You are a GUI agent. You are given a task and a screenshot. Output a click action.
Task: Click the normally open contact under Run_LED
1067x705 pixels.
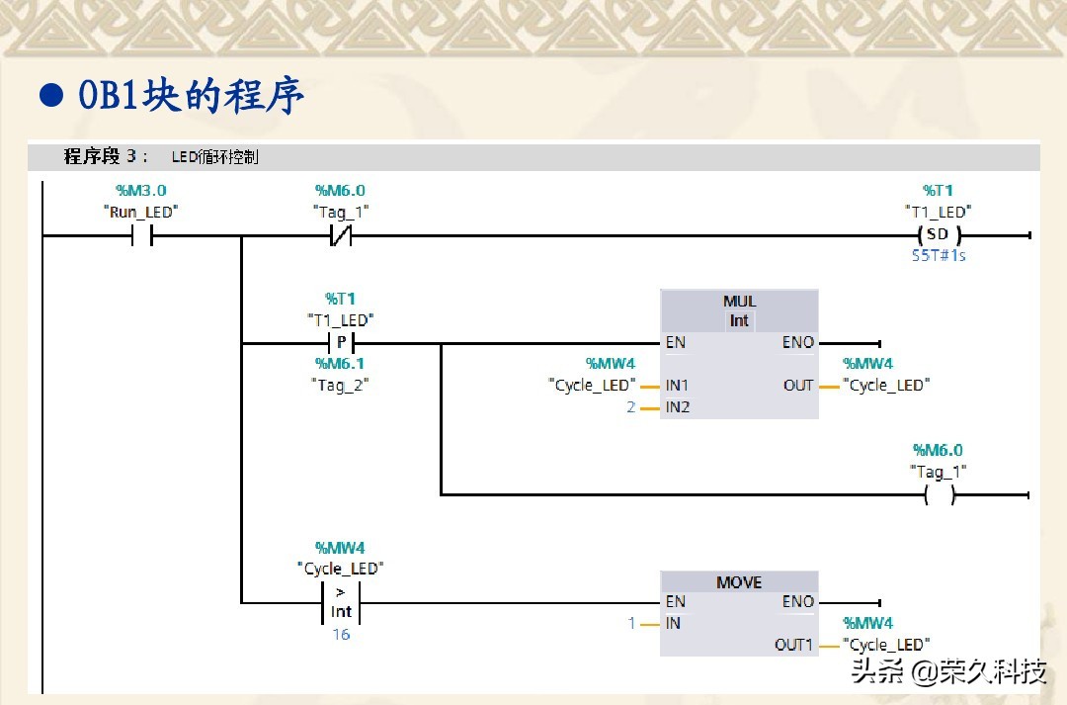click(141, 236)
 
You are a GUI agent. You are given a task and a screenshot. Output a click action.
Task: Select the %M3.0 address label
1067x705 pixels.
click(141, 190)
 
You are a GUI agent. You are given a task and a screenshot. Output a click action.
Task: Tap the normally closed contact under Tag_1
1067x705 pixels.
click(340, 236)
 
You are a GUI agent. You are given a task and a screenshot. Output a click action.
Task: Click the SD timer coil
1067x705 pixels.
click(938, 235)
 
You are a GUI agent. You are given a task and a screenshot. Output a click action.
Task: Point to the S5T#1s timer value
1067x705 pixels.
click(938, 255)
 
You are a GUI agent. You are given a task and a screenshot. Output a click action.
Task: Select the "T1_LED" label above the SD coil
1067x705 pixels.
click(938, 212)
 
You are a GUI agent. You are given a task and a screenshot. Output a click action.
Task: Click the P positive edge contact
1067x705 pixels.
click(341, 343)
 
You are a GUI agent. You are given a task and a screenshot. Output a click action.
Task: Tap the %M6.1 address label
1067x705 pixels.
click(340, 364)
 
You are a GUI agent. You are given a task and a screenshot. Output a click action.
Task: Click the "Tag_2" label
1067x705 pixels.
click(340, 385)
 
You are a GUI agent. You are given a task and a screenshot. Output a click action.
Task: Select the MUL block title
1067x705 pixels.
click(739, 302)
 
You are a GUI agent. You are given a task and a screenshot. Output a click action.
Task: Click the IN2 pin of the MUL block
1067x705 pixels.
click(678, 407)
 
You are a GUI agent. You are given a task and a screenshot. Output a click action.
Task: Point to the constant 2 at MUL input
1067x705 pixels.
click(631, 407)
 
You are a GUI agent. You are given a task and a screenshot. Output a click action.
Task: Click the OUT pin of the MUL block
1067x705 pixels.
click(798, 386)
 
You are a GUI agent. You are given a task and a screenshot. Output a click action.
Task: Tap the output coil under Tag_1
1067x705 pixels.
click(939, 495)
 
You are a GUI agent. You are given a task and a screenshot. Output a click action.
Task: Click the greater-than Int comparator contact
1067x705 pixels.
click(341, 602)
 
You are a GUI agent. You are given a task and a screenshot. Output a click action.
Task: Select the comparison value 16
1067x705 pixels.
click(341, 635)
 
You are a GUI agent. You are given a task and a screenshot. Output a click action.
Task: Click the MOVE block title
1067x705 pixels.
click(739, 582)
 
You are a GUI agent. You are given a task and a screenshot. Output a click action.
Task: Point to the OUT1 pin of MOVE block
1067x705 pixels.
click(793, 645)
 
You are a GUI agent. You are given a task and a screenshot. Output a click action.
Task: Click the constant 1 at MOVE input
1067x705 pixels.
click(631, 623)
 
